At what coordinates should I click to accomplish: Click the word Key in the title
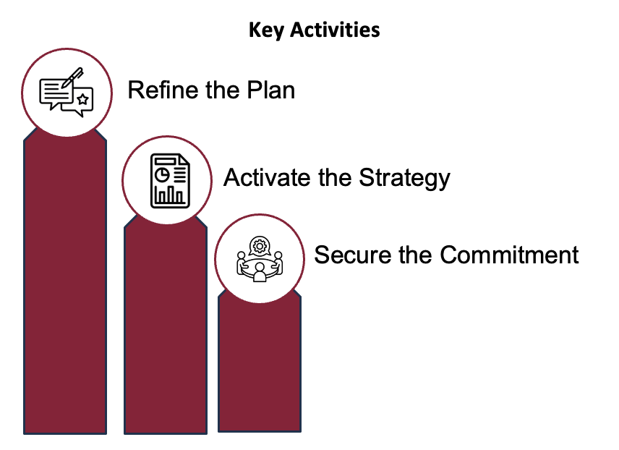click(266, 30)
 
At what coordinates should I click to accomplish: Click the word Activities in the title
click(335, 30)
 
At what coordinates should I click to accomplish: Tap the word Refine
click(164, 90)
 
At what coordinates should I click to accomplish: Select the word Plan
click(270, 90)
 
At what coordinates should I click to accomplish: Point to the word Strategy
click(404, 179)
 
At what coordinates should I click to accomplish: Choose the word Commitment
click(509, 255)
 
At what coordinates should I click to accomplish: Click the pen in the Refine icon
click(72, 77)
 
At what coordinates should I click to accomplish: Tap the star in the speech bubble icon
click(82, 99)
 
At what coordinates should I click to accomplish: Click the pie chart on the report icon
click(162, 174)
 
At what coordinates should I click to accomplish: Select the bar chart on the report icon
click(170, 195)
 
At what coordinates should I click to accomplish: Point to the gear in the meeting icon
click(260, 247)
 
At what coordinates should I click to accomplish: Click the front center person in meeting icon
click(260, 273)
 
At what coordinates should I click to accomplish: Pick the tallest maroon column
click(65, 281)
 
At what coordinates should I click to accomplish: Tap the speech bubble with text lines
click(56, 93)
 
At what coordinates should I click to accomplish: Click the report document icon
click(170, 181)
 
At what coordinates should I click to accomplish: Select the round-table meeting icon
click(260, 259)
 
